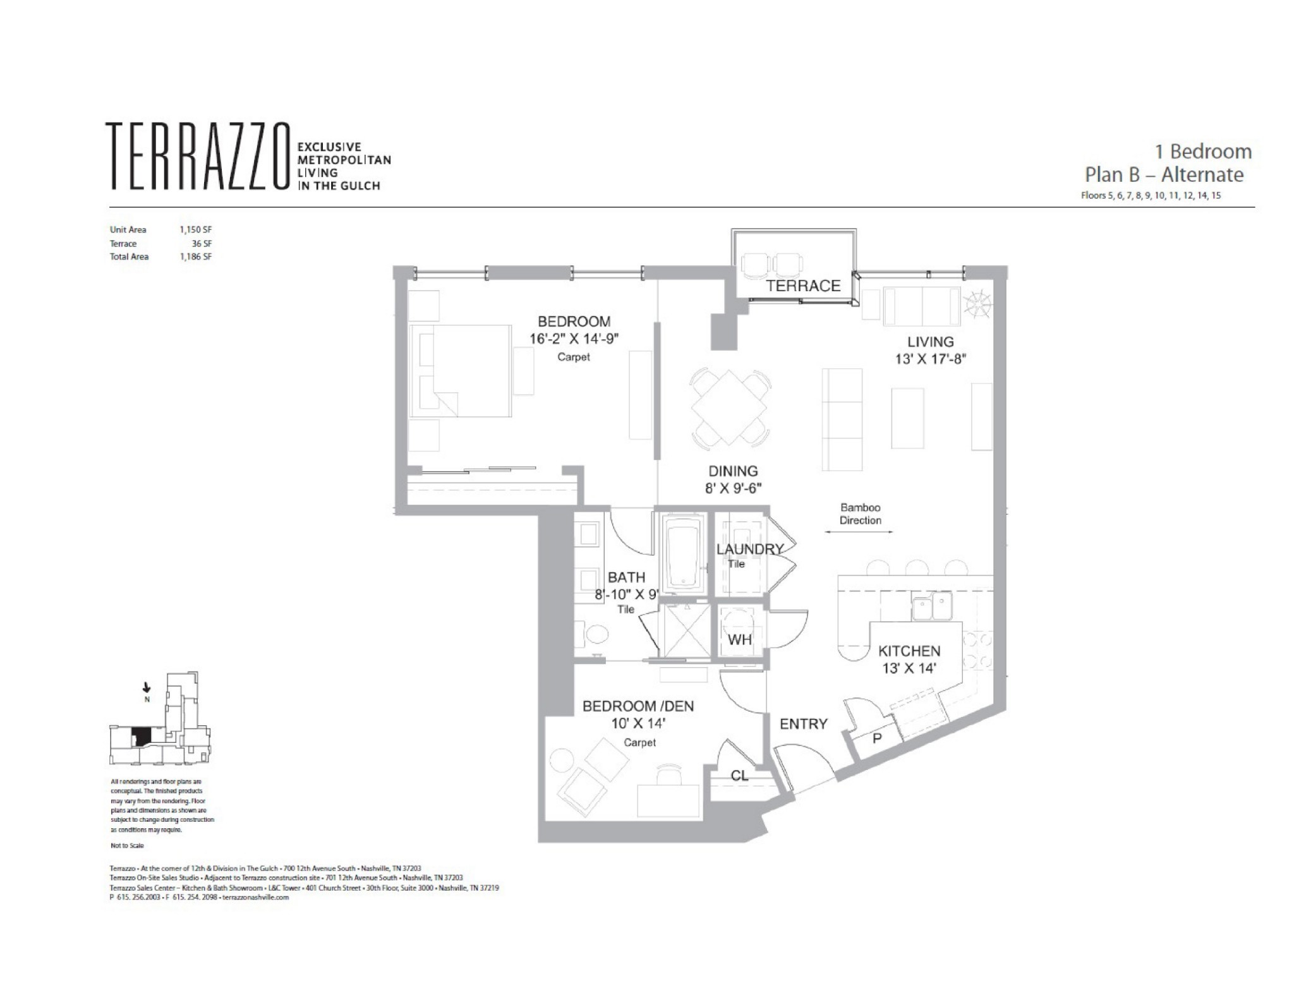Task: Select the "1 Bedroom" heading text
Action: (x=1202, y=152)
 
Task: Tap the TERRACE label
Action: (x=803, y=286)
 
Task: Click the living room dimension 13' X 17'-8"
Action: (x=930, y=359)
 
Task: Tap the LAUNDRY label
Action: (x=749, y=549)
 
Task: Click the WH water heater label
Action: (x=739, y=639)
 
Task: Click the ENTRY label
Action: (x=803, y=724)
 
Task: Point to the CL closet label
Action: (x=739, y=775)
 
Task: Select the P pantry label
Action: (x=877, y=737)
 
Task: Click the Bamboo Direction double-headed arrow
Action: (x=859, y=532)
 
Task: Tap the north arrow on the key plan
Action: (x=147, y=687)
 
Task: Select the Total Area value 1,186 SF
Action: (x=195, y=257)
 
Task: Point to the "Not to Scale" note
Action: (x=127, y=845)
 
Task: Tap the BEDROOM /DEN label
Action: (x=638, y=706)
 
